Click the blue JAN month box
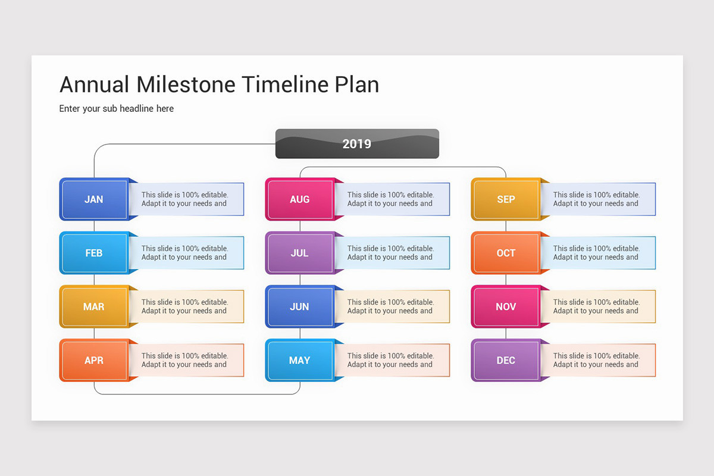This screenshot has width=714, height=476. [95, 199]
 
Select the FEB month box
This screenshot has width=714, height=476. [95, 253]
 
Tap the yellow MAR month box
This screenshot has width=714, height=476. [95, 306]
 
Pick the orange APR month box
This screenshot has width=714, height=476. [95, 360]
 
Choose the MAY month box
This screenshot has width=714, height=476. [300, 360]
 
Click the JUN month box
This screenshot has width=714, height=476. [300, 306]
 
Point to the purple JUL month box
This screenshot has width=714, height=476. [300, 253]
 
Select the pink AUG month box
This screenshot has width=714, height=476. [300, 199]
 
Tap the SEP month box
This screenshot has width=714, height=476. [506, 199]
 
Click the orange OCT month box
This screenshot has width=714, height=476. [506, 253]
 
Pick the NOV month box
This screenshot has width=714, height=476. [506, 306]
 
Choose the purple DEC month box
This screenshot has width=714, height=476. [506, 360]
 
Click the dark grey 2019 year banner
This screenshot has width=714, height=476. [357, 144]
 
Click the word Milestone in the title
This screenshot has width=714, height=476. [186, 84]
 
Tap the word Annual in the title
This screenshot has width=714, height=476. [95, 84]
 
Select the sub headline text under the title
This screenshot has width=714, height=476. [117, 109]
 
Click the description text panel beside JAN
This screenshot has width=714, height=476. [187, 199]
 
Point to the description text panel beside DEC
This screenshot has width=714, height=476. [599, 360]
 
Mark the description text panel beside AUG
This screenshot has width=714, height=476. [393, 199]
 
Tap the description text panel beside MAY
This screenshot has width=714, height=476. [393, 360]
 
